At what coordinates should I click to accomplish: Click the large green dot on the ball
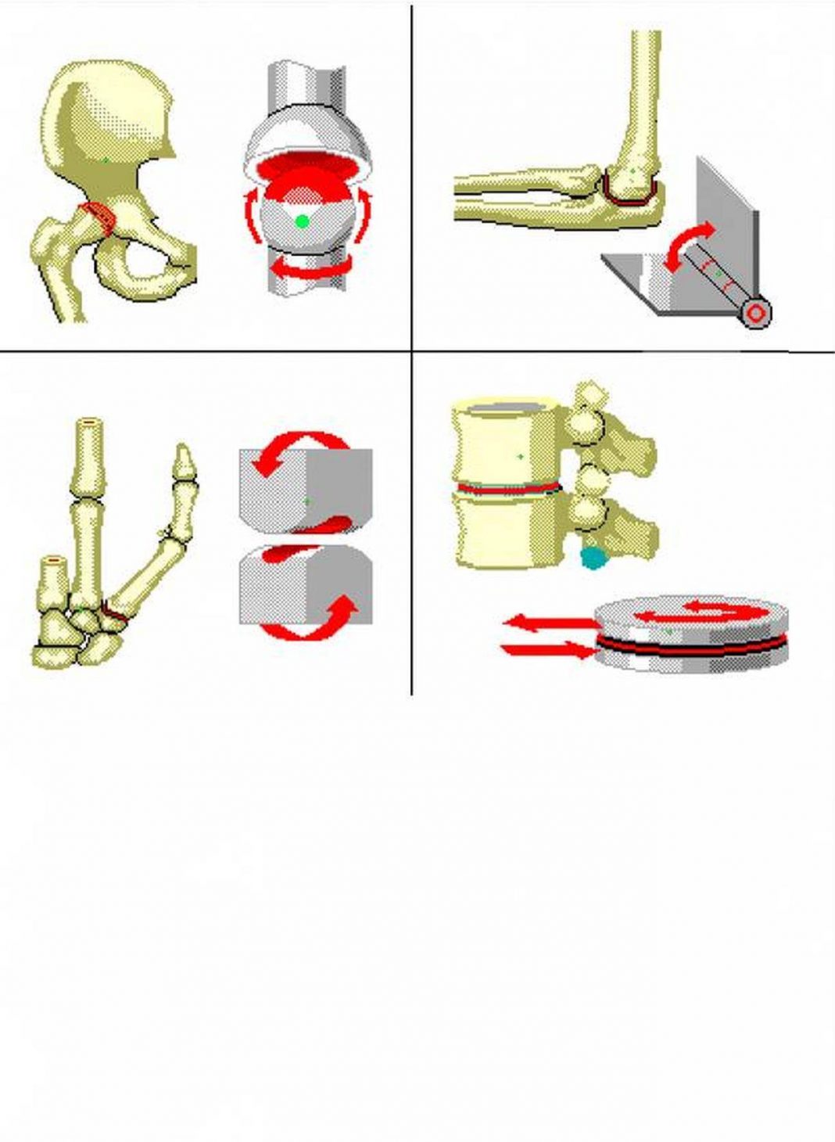coord(303,221)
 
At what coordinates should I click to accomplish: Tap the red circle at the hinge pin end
coord(756,314)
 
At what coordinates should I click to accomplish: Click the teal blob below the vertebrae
coord(593,557)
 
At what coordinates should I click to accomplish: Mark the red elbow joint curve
coord(625,196)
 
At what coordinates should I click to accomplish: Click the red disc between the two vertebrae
coord(508,489)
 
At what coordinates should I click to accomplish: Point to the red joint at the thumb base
coord(114,615)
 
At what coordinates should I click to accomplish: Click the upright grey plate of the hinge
coord(727,219)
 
